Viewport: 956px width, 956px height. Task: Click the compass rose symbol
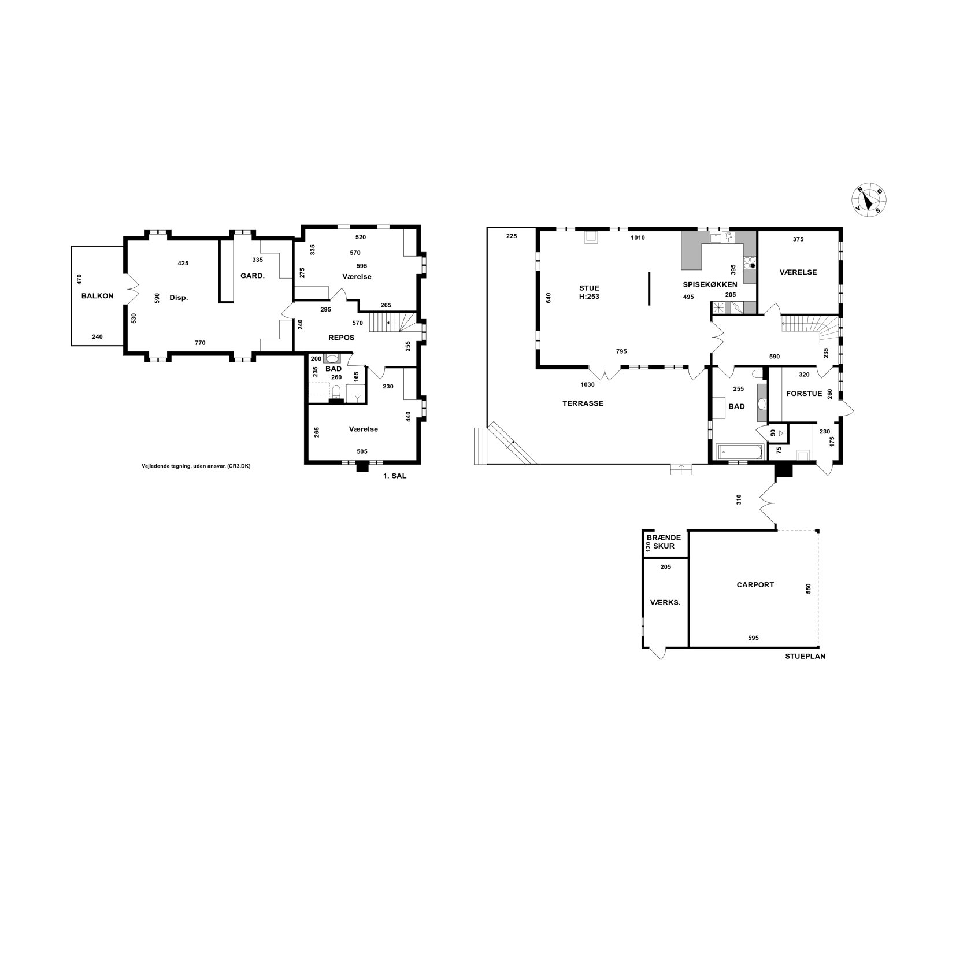pos(869,201)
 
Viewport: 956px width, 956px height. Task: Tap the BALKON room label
pos(98,296)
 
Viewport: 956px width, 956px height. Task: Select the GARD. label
pos(253,276)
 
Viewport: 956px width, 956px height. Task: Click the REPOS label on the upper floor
pos(342,338)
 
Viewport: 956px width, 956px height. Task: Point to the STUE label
pos(590,288)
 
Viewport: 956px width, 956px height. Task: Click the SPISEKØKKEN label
pos(710,284)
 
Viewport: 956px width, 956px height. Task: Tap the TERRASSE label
pos(583,403)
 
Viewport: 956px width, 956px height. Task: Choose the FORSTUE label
pos(804,394)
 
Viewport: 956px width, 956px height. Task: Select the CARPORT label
pos(755,584)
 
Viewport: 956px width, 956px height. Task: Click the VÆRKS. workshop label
pos(665,602)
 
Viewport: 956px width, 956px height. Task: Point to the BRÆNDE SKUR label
pos(664,542)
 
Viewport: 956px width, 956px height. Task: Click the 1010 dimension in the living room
pos(638,238)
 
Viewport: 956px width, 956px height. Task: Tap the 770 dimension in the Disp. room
pos(200,343)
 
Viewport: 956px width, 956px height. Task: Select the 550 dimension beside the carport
pos(809,588)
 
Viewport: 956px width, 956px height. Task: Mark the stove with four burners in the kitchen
pos(750,262)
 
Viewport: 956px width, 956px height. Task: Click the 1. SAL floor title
pos(395,477)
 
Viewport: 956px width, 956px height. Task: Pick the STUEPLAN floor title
pos(805,657)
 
